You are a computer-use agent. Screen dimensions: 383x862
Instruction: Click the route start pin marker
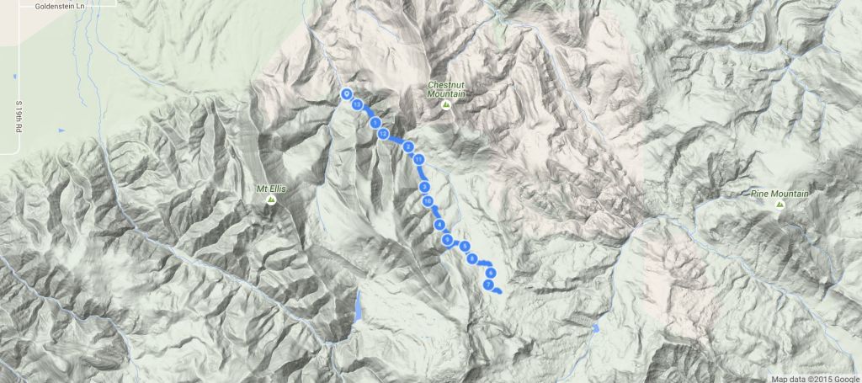point(346,94)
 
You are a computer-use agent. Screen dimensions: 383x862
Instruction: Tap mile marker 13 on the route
point(358,105)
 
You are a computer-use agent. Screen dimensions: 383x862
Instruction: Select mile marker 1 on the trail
point(375,123)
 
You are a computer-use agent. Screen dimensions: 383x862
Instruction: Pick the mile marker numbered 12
point(383,134)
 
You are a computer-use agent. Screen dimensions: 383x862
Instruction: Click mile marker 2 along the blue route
point(408,147)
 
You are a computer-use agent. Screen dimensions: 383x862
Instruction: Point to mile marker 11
point(418,159)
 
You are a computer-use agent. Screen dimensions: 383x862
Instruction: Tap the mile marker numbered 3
point(425,186)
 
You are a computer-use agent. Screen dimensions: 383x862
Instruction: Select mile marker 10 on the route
point(428,201)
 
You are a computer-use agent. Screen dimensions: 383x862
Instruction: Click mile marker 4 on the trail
point(439,225)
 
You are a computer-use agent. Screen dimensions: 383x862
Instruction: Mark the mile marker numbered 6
point(489,273)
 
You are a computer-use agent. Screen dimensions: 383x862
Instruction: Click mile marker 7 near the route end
point(488,285)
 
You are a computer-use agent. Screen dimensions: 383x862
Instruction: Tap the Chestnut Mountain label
point(447,89)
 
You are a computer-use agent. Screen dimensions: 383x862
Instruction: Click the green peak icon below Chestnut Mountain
point(448,104)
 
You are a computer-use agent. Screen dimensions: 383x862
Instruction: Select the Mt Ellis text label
point(271,189)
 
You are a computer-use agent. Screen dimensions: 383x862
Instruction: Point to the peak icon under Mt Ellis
point(271,201)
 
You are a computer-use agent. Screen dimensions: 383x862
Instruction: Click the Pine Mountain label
point(780,194)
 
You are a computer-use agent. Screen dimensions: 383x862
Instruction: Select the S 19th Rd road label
point(18,120)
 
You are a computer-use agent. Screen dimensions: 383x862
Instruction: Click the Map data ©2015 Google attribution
point(815,376)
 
